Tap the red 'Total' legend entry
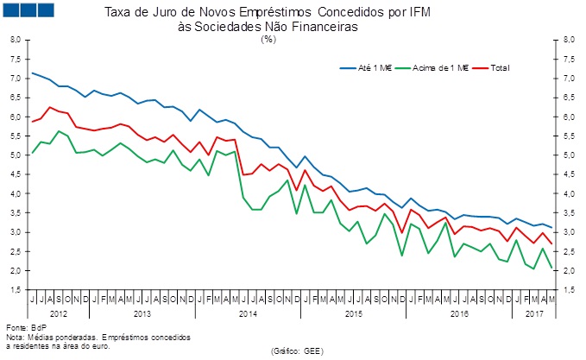(x=500, y=66)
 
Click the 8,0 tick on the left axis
(x=16, y=40)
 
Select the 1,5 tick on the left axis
(x=16, y=290)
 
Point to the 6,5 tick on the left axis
(x=16, y=98)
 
